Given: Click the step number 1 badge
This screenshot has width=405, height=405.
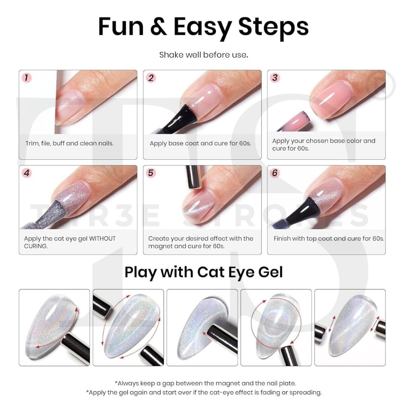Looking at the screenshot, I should point(27,78).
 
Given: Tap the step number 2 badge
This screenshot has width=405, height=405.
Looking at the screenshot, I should point(151,78).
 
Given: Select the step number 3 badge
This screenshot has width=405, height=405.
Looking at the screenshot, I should point(275,78).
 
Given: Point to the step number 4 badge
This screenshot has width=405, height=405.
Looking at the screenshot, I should point(27,173).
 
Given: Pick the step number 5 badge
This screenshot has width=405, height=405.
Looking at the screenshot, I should point(151,173).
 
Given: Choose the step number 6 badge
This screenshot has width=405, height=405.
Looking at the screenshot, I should point(275,173).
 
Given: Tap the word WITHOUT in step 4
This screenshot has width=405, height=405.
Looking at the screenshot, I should point(102,238).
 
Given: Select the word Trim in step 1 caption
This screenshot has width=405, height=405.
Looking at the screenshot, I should point(31,143).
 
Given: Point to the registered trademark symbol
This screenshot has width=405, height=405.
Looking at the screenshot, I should point(383,85).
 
